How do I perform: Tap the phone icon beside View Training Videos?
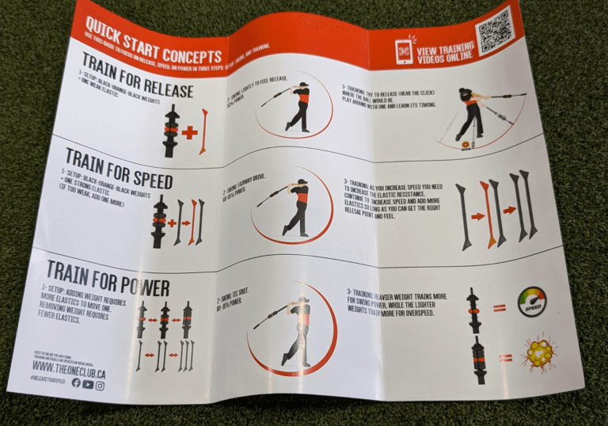(x=405, y=49)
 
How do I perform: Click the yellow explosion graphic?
(x=542, y=354)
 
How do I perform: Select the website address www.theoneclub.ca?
(x=70, y=365)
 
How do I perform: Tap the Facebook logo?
(x=76, y=382)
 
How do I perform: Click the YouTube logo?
(x=88, y=384)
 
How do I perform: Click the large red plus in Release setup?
(x=188, y=132)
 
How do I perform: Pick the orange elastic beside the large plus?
(x=204, y=131)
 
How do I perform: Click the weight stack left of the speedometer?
(x=473, y=305)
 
